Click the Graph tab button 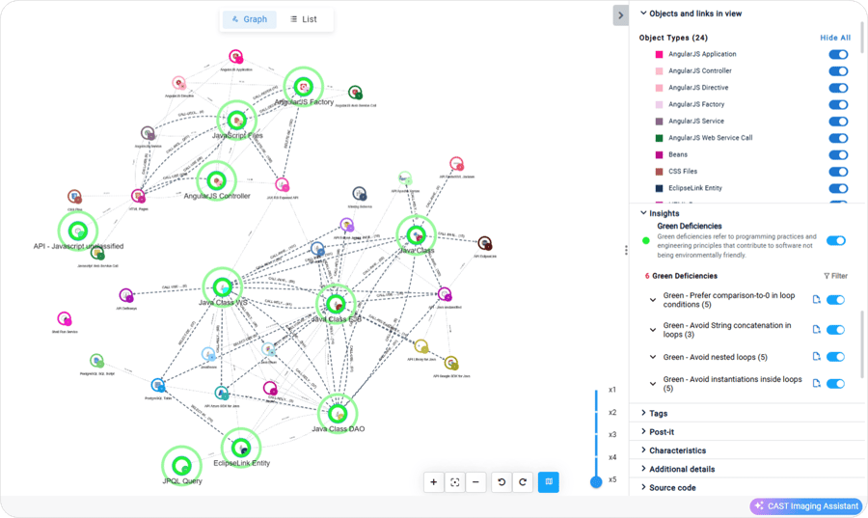(x=250, y=19)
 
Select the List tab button (x=303, y=19)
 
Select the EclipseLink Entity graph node (x=240, y=446)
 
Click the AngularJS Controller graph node (x=216, y=179)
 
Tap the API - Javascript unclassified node (x=78, y=230)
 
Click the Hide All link (x=834, y=38)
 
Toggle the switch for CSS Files (x=838, y=172)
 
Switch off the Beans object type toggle (x=838, y=154)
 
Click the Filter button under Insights (x=835, y=276)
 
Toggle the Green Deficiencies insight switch (x=835, y=240)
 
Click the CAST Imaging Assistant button (x=806, y=506)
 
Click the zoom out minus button (x=475, y=482)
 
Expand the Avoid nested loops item (x=653, y=357)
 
